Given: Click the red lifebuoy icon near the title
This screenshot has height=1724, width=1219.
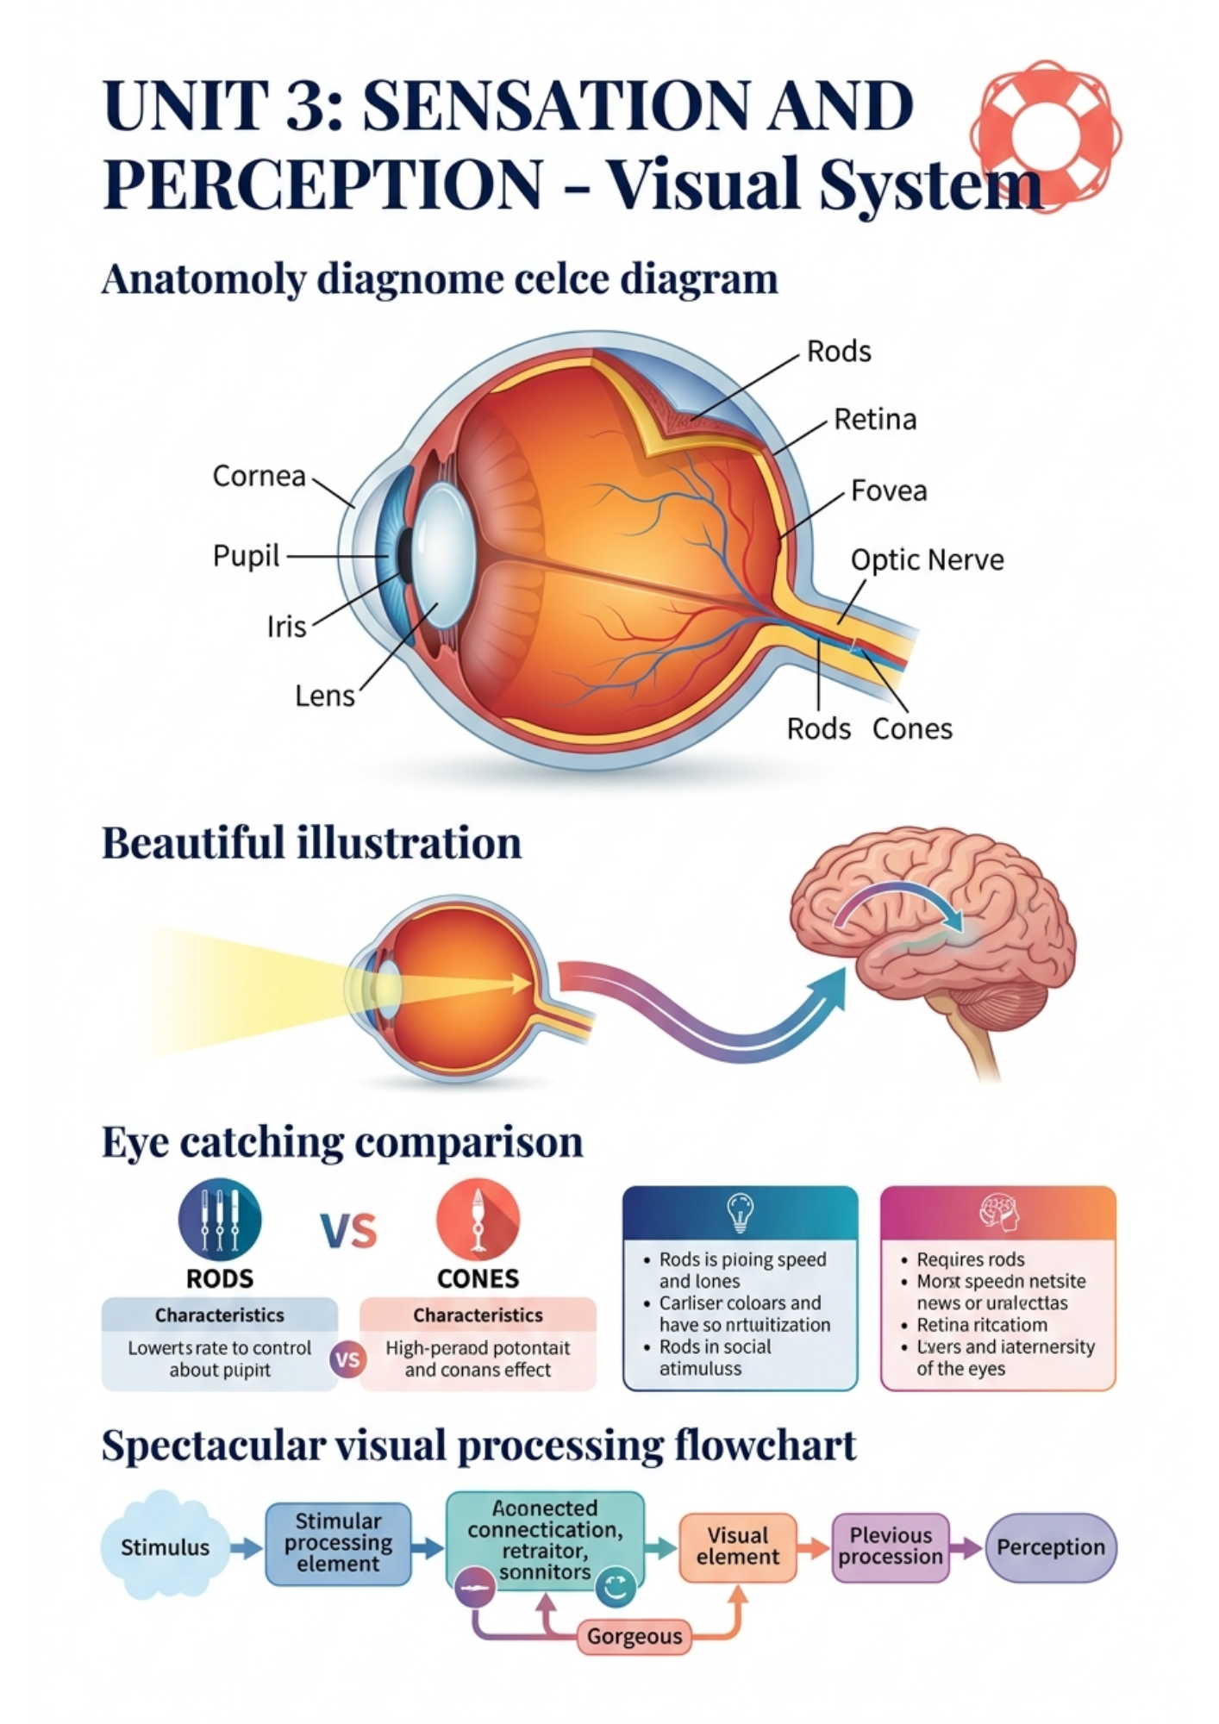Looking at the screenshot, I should (x=1046, y=136).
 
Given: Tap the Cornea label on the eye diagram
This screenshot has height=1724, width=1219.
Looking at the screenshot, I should (x=259, y=476).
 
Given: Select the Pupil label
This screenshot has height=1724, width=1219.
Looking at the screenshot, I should (x=246, y=556).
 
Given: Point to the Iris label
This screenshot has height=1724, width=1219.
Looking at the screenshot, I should (x=286, y=627).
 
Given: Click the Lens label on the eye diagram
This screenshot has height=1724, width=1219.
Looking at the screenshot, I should (x=324, y=696).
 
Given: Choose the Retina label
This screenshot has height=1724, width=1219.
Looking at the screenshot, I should (x=875, y=420).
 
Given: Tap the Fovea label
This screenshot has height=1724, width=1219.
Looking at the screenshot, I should (x=889, y=491).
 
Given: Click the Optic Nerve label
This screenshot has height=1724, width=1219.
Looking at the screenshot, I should (x=927, y=560).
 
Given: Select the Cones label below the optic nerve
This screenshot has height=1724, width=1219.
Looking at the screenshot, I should (x=912, y=729).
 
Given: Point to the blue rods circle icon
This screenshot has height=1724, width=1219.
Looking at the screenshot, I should (x=220, y=1220).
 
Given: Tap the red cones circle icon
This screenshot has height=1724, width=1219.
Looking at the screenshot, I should (x=478, y=1220).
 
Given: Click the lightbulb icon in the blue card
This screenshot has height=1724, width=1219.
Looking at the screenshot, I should (x=741, y=1212).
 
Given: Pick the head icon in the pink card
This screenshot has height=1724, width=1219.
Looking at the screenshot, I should (x=998, y=1212).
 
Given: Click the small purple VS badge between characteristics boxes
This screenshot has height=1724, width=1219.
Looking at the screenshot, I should (x=347, y=1359).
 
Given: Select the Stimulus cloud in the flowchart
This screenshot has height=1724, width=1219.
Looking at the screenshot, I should (x=165, y=1547).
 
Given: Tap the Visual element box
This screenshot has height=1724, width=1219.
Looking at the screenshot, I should (x=738, y=1546).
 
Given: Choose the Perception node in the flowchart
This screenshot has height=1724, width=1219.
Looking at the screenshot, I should (x=1050, y=1547).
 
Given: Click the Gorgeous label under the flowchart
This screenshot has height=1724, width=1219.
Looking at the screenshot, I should (x=634, y=1636).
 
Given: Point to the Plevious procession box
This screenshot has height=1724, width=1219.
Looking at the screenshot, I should (x=891, y=1546).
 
